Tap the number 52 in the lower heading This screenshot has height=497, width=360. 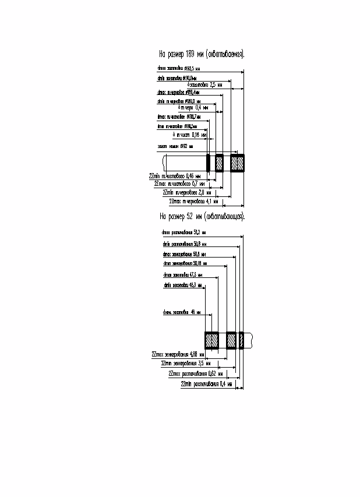(x=190, y=216)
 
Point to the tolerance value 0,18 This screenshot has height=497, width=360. (x=195, y=135)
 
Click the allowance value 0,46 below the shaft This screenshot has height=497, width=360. (x=189, y=175)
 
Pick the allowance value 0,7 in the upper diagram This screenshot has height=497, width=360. (x=195, y=184)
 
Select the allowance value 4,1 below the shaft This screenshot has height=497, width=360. (x=207, y=202)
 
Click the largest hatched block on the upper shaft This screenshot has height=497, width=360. (x=237, y=163)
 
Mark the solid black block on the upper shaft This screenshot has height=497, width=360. (x=208, y=163)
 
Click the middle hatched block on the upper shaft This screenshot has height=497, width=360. (x=219, y=163)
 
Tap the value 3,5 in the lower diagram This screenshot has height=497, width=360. (x=201, y=363)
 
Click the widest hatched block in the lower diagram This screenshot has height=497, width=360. (x=211, y=340)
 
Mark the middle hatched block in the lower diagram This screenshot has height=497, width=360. (x=231, y=340)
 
